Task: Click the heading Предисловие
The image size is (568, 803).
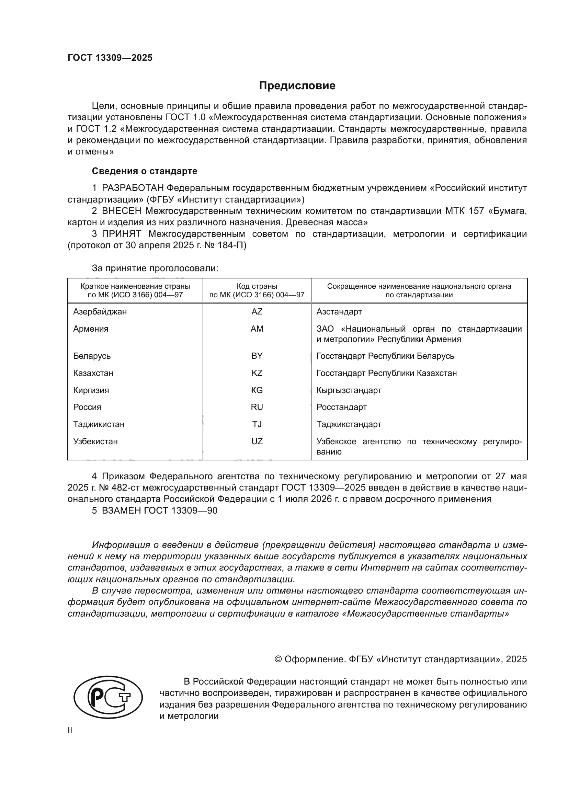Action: [x=297, y=86]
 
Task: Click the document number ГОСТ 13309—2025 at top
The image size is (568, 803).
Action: [x=110, y=58]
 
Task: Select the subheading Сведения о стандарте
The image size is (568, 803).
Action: [x=145, y=171]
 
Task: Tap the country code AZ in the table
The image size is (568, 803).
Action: [x=257, y=312]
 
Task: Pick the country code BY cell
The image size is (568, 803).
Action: [x=257, y=356]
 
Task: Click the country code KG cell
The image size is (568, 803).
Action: [x=257, y=390]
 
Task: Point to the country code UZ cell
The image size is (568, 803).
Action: [x=257, y=441]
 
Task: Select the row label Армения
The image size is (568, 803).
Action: [x=91, y=329]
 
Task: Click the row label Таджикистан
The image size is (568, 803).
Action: [x=99, y=424]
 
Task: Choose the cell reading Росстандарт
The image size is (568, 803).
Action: [x=341, y=407]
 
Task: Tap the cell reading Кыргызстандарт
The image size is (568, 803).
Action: [x=349, y=390]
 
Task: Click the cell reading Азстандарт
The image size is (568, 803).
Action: [x=339, y=312]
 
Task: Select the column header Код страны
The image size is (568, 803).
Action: [x=257, y=286]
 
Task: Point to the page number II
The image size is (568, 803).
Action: [x=70, y=731]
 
